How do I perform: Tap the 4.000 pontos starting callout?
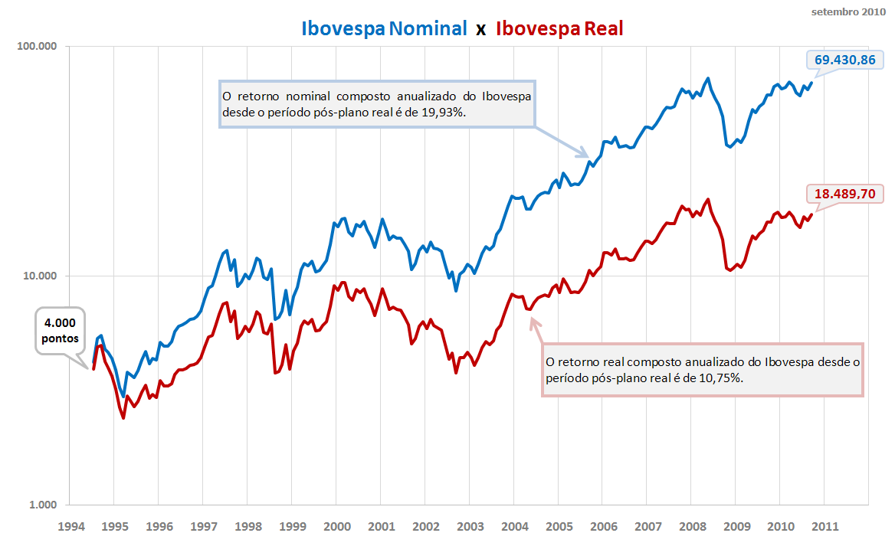pyautogui.click(x=60, y=331)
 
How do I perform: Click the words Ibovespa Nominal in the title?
pyautogui.click(x=384, y=29)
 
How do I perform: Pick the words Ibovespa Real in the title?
pyautogui.click(x=559, y=29)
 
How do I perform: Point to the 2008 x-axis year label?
pyautogui.click(x=692, y=527)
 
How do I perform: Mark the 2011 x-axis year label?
pyautogui.click(x=825, y=527)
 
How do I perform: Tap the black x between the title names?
pyautogui.click(x=481, y=30)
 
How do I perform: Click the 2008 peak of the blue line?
pyautogui.click(x=707, y=78)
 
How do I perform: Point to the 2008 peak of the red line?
pyautogui.click(x=707, y=200)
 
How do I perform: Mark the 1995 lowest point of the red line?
pyautogui.click(x=123, y=418)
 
